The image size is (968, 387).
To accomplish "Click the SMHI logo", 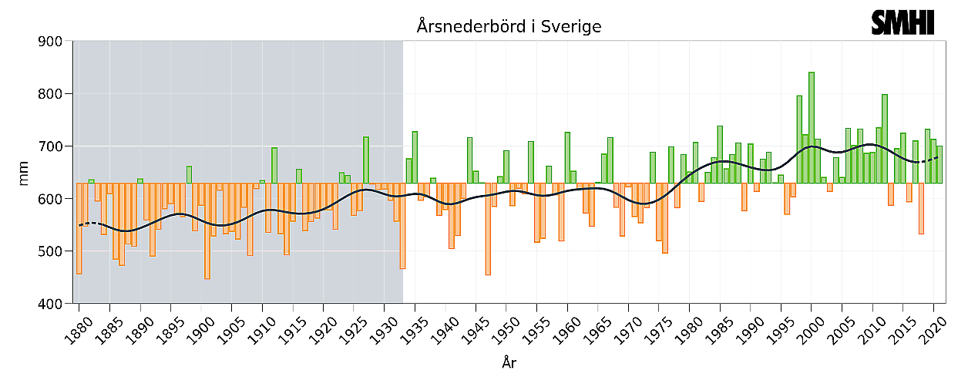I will click(x=902, y=22).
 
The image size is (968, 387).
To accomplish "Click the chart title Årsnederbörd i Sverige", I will click(x=509, y=27).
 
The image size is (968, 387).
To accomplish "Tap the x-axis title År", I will click(x=508, y=363).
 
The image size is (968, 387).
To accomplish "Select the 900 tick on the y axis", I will click(x=52, y=42).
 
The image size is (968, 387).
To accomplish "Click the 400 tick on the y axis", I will click(x=52, y=304).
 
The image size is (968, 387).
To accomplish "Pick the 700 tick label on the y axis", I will click(x=52, y=146).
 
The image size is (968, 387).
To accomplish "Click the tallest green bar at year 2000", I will click(x=812, y=127).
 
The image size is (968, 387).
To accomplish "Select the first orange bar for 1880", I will click(x=79, y=228).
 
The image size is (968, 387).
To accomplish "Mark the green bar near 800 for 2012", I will click(x=885, y=139).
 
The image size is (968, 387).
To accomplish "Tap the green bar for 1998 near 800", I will click(x=799, y=140).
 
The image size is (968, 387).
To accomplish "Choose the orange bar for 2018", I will click(x=921, y=208).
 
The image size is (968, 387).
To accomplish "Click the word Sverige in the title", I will click(x=570, y=27).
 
